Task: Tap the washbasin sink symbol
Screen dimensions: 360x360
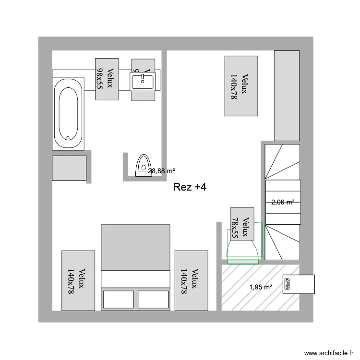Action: tap(143, 81)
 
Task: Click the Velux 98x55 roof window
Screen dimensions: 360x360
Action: tap(107, 79)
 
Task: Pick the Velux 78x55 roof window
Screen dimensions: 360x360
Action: tap(242, 223)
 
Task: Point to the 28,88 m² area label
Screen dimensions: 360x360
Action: tap(161, 171)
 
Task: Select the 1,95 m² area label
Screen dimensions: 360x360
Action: tap(261, 287)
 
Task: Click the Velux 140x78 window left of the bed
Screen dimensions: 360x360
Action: tap(78, 280)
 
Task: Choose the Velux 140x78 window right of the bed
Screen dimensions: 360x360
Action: tap(191, 280)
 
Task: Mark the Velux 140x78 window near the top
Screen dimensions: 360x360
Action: tap(241, 86)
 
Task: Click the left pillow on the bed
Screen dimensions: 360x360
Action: tap(118, 299)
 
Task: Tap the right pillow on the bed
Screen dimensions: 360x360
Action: tap(153, 299)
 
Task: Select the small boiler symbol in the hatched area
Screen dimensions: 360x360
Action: tap(288, 284)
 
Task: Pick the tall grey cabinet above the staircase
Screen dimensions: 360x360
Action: tap(287, 96)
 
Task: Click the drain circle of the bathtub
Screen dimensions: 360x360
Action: tap(68, 138)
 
